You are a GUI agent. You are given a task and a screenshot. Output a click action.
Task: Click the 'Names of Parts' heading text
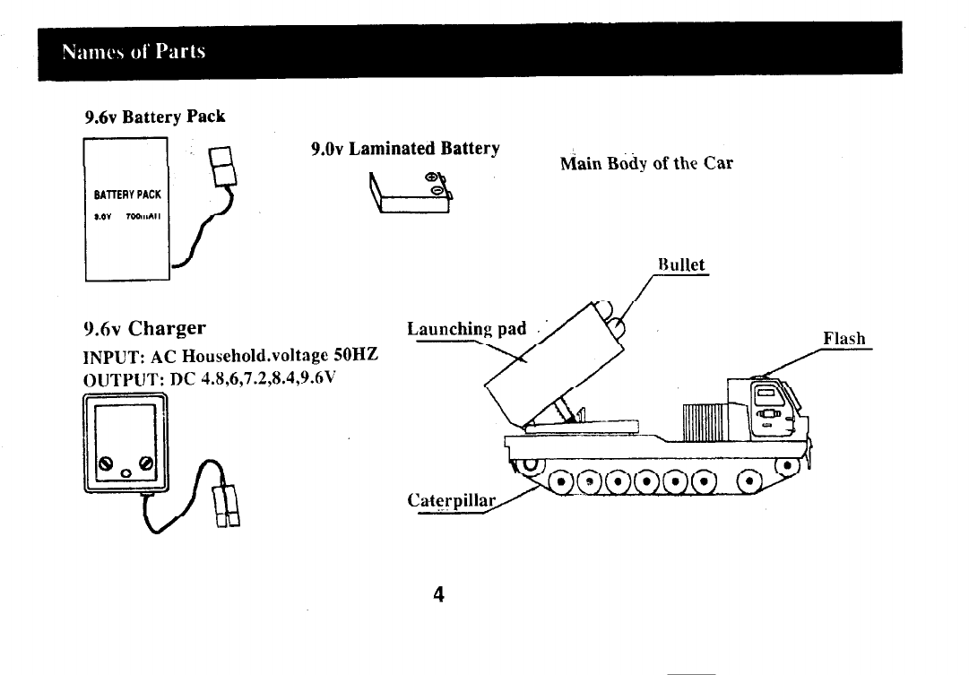pos(134,51)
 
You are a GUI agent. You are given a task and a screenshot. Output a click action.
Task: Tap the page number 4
pos(438,594)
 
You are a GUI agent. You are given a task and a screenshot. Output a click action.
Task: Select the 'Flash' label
pos(844,338)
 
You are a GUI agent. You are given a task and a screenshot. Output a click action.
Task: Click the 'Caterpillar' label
pos(452,500)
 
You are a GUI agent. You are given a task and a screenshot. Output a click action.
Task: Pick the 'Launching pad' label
pos(466,329)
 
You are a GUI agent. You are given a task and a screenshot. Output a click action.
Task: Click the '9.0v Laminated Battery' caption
pos(404,148)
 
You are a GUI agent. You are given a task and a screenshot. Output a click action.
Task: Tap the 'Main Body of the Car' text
pos(646,163)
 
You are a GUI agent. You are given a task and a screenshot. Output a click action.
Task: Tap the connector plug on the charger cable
pos(224,506)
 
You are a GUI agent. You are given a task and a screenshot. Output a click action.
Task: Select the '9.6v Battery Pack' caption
pos(154,117)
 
